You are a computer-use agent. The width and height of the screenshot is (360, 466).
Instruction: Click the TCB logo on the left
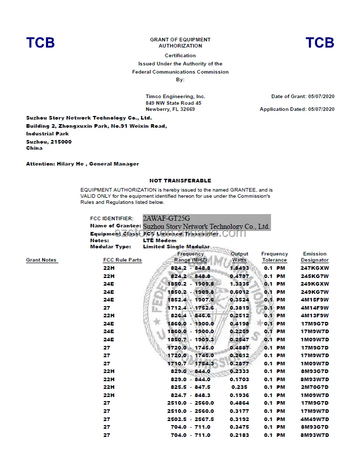coord(40,43)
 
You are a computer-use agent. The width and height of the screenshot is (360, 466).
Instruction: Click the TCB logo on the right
coord(320,43)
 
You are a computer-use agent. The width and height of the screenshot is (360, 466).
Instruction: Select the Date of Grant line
coord(303,97)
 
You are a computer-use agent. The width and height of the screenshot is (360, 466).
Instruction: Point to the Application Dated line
coord(297,109)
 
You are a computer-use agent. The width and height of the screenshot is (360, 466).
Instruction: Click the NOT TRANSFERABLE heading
coord(180,180)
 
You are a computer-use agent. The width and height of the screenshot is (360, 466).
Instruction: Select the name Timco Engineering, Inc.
coord(175,97)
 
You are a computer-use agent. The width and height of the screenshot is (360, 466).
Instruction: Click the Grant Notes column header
coord(41,260)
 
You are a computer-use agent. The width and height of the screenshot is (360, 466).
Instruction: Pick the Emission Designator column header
coord(314,257)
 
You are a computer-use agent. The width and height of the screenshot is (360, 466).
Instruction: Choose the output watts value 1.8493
coord(239,268)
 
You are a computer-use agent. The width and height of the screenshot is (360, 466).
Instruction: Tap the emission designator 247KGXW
coord(314,268)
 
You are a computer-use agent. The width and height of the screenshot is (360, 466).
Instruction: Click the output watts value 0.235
coord(239,387)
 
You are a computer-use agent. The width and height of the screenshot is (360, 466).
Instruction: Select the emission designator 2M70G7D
coord(314,387)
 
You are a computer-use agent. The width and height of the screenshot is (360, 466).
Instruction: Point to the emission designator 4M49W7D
coord(314,419)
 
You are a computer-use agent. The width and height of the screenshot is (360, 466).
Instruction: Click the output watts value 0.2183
coord(239,435)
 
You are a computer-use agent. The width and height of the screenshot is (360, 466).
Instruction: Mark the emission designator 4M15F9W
coord(314,299)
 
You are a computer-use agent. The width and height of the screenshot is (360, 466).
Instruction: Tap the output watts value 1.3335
coord(239,284)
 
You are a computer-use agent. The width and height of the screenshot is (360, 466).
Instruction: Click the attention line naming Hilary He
coord(82,164)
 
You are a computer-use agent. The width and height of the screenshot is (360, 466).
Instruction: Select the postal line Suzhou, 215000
coord(49,142)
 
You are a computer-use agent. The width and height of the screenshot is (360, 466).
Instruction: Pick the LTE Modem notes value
coord(160,240)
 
